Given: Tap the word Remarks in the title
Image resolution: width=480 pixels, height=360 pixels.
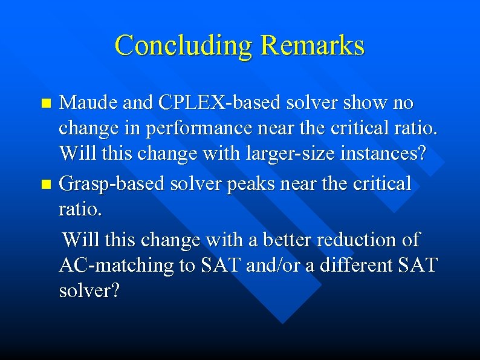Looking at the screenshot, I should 313,45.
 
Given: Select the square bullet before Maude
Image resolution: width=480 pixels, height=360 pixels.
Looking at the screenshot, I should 50,103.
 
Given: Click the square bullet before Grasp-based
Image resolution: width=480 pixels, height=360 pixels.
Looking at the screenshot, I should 50,184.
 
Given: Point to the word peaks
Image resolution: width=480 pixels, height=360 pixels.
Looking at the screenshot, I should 255,184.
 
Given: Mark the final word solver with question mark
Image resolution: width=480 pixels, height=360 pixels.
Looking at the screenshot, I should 89,291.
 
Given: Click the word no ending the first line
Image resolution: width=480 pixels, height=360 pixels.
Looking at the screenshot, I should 402,103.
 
